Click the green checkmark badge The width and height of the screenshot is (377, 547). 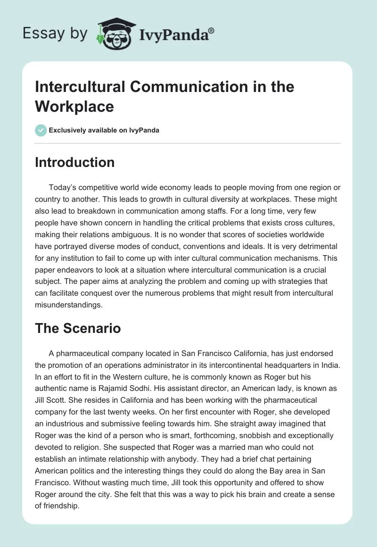click(x=41, y=130)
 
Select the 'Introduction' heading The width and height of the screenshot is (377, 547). click(x=74, y=162)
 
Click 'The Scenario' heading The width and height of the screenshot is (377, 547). click(x=78, y=328)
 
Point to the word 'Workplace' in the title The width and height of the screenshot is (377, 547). click(x=74, y=106)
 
